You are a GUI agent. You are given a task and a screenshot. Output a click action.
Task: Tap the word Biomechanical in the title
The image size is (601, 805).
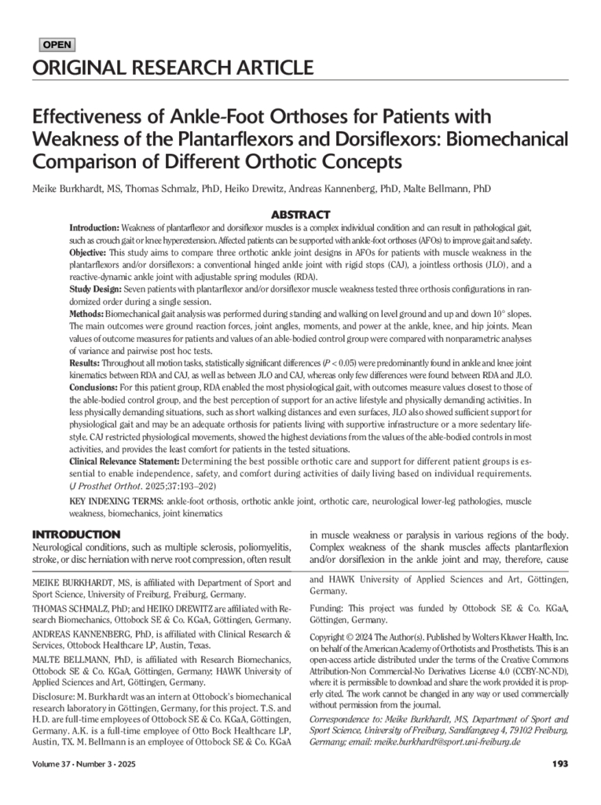coord(501,140)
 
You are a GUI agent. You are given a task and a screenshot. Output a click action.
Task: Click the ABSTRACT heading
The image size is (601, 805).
coord(300,215)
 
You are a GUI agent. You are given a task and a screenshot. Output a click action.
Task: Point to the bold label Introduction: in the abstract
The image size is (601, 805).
coord(94,227)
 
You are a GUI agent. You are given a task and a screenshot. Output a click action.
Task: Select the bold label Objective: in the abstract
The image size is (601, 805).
coord(87,252)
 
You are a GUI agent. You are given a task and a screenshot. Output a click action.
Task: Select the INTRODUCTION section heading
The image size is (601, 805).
coord(76,535)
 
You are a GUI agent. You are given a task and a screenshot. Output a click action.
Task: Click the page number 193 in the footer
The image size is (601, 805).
coord(560,764)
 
